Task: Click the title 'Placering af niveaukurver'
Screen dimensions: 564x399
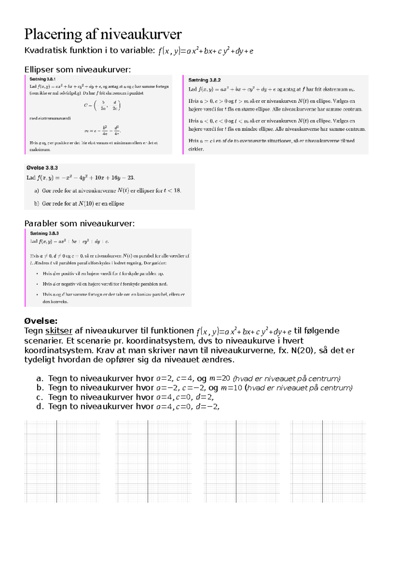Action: coord(103,34)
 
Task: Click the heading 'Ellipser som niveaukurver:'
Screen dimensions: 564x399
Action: coord(77,70)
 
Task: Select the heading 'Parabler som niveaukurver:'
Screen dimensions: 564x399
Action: coord(79,223)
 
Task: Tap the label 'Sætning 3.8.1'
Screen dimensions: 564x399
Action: coord(43,79)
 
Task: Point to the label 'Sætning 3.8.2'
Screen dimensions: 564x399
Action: coord(204,80)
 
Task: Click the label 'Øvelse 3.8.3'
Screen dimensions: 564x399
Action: coord(42,168)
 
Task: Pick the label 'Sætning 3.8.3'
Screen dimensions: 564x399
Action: coord(44,233)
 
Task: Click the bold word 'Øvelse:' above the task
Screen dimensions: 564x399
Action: coord(41,321)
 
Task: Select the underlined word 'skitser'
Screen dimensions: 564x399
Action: coord(59,331)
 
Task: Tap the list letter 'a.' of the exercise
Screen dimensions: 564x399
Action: coord(40,378)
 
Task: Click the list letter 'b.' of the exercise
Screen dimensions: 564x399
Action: coord(40,388)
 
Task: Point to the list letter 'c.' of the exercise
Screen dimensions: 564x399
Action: coord(40,397)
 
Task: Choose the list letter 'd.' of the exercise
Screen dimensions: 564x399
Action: coord(40,406)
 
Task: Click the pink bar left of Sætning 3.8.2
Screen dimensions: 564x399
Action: coord(183,115)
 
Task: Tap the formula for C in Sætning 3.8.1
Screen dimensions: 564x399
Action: coord(102,105)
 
